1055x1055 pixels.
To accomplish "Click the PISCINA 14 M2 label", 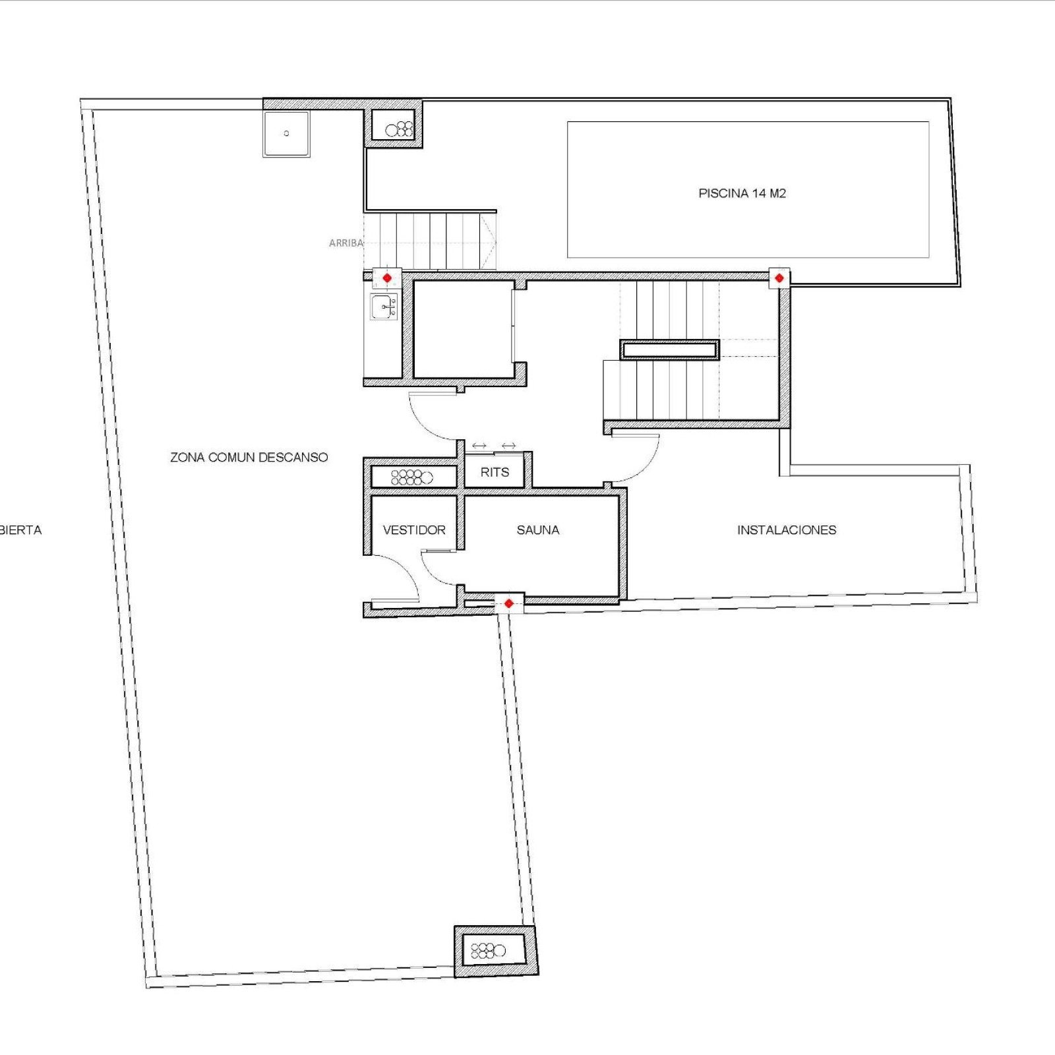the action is tap(742, 193).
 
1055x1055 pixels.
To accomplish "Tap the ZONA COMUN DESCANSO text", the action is tap(249, 457).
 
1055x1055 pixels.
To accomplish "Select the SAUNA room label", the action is tap(538, 529).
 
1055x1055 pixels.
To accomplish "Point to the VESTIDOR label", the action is tap(414, 529).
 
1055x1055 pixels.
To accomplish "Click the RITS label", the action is tap(495, 472).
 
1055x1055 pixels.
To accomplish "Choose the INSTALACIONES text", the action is tap(787, 529).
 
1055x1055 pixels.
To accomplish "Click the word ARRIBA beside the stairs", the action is tap(346, 243).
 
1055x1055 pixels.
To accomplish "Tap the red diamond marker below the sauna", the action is tap(508, 603).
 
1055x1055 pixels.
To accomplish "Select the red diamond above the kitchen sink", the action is tap(387, 278).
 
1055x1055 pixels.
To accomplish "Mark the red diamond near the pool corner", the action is tap(779, 278).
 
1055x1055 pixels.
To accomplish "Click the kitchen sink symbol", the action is tap(384, 307).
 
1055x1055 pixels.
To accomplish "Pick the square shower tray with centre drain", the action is tap(286, 134).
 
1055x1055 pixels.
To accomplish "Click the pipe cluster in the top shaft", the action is tap(399, 129).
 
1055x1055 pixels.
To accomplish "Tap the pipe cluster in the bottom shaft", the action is tap(488, 951).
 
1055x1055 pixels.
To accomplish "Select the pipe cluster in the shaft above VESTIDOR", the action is tap(412, 477).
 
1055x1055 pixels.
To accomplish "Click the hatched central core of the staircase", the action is tap(669, 349).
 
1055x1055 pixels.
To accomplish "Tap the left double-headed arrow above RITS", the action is tap(479, 446).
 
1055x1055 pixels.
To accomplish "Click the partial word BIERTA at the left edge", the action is tap(20, 529).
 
